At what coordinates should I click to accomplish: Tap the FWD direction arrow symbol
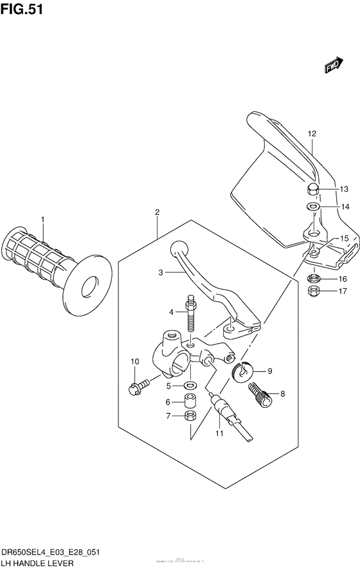[x=332, y=65]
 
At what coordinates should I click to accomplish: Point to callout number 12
[x=312, y=134]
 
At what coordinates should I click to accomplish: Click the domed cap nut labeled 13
[x=312, y=189]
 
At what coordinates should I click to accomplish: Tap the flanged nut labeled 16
[x=314, y=279]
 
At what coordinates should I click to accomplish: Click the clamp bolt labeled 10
[x=137, y=387]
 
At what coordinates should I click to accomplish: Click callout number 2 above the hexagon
[x=156, y=212]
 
